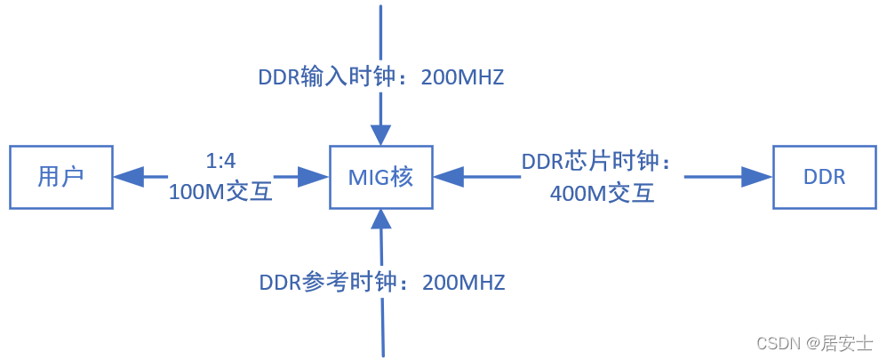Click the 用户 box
coord(61,177)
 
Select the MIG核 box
coord(381,177)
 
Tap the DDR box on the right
coord(824,177)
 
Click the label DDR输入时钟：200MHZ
coord(381,77)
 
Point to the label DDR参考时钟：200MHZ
coord(382,283)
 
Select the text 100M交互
coord(220,191)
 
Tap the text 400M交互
coord(603,192)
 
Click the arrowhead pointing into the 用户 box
coord(128,177)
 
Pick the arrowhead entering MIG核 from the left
coord(315,177)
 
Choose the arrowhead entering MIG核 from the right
coord(448,177)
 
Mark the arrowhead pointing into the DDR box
coord(758,177)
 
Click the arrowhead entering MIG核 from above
coord(381,133)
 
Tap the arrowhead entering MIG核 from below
coord(381,219)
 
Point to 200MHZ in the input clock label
coord(462,77)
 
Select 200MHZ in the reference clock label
coord(463,283)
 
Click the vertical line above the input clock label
coord(381,31)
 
